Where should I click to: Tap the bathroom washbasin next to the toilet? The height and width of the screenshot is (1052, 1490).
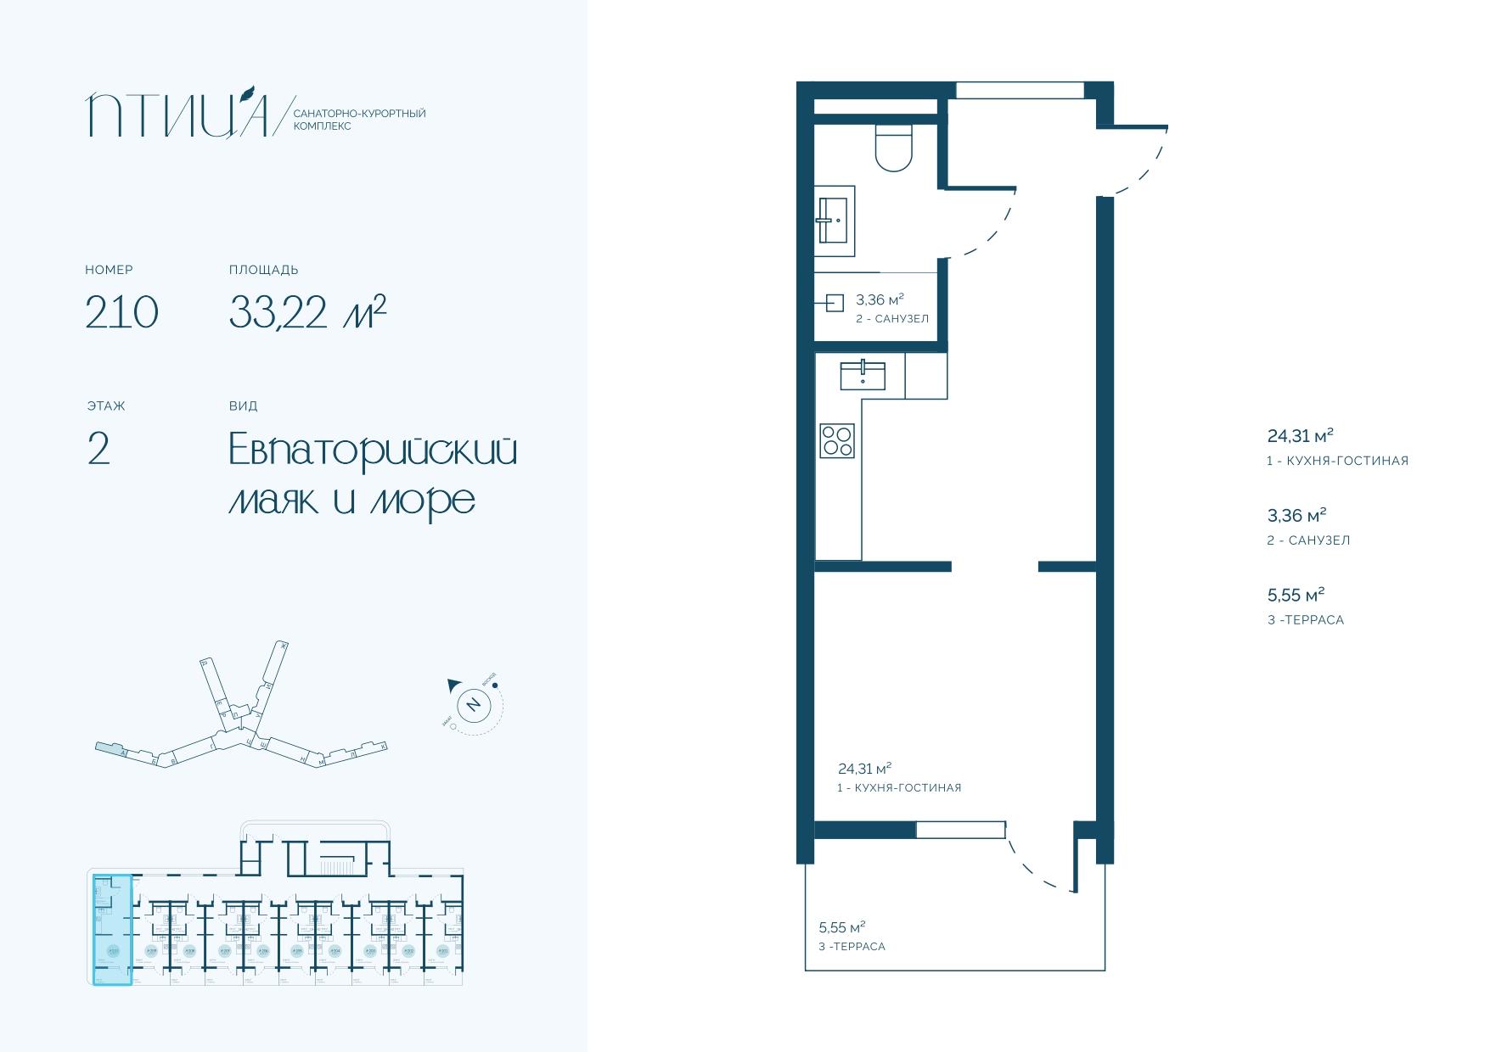pyautogui.click(x=835, y=220)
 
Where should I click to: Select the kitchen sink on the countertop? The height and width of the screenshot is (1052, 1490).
pyautogui.click(x=862, y=375)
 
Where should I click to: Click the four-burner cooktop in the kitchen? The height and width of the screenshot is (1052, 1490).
pyautogui.click(x=837, y=440)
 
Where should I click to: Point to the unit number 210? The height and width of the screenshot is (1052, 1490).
pyautogui.click(x=121, y=312)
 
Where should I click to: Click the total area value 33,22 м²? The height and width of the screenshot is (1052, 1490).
pyautogui.click(x=307, y=311)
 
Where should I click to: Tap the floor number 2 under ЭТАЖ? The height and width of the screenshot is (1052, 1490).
pyautogui.click(x=98, y=450)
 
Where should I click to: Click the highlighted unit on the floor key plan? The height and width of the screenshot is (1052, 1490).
pyautogui.click(x=112, y=931)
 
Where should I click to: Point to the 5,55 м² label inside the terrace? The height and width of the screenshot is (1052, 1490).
pyautogui.click(x=841, y=926)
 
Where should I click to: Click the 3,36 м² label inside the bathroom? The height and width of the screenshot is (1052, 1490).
pyautogui.click(x=879, y=299)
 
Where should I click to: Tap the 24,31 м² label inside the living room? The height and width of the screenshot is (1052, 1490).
pyautogui.click(x=864, y=769)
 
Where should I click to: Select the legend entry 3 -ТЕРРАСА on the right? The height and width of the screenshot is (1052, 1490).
pyautogui.click(x=1305, y=619)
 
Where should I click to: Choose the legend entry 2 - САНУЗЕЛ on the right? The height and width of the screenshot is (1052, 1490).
pyautogui.click(x=1307, y=540)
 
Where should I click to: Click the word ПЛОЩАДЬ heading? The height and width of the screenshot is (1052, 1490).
pyautogui.click(x=263, y=270)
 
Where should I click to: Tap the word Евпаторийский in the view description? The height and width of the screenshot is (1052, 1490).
pyautogui.click(x=373, y=450)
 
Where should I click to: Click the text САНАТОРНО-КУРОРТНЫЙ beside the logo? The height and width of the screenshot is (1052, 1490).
pyautogui.click(x=358, y=113)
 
